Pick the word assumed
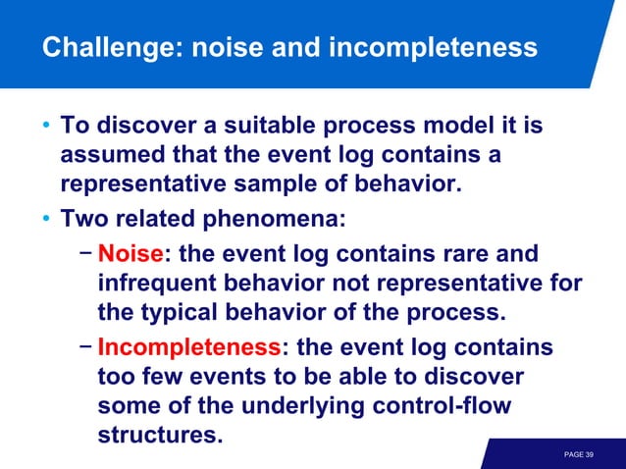[x=107, y=156]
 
